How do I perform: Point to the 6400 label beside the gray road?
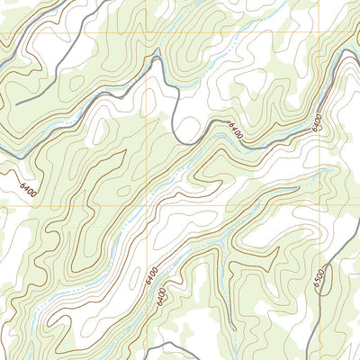click(236, 131)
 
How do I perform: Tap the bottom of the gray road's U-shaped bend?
click(186, 141)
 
